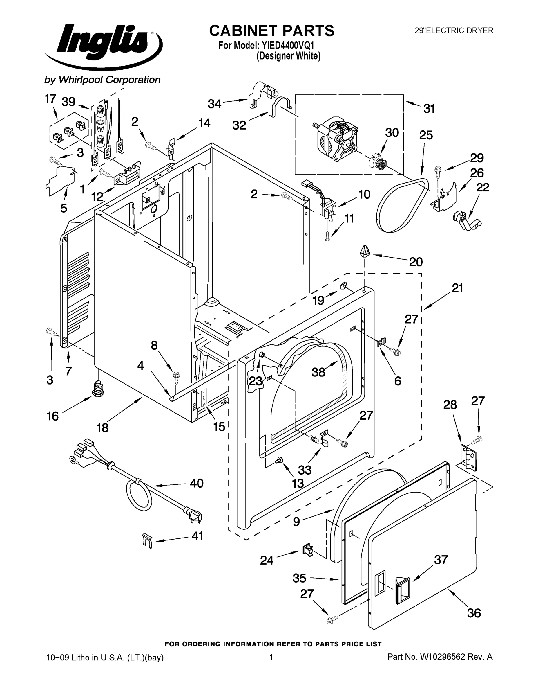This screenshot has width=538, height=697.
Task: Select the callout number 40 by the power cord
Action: [197, 483]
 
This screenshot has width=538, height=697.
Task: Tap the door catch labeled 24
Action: [307, 549]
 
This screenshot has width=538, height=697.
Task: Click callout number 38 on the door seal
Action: [318, 372]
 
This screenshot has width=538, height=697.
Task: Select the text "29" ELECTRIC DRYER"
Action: [454, 30]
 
